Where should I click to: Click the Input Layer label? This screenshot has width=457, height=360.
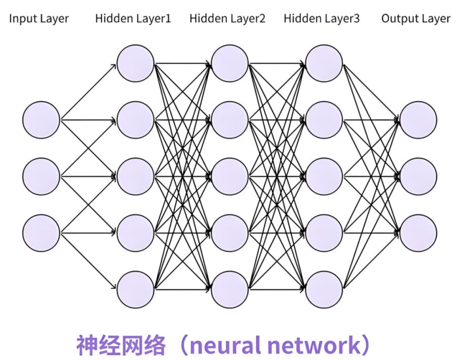[x=39, y=19]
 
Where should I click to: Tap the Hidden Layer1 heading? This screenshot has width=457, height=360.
[x=133, y=19]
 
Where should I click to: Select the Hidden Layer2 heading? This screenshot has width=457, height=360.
[x=227, y=19]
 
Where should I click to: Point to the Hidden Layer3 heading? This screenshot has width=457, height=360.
[x=322, y=19]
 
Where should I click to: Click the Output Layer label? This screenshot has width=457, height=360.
[x=416, y=19]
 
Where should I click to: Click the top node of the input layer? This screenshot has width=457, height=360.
[x=41, y=120]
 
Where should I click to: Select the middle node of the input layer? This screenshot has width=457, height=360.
[x=41, y=176]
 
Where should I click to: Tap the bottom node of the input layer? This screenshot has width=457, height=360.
[x=41, y=233]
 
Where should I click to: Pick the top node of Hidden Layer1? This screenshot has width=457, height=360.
[x=135, y=63]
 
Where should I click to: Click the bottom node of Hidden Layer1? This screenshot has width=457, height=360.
[x=135, y=289]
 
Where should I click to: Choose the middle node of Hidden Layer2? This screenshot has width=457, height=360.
[x=230, y=176]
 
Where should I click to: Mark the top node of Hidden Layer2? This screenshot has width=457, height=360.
[x=230, y=63]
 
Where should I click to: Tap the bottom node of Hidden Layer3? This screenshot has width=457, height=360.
[x=324, y=289]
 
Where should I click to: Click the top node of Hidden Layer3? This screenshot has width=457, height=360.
[x=324, y=63]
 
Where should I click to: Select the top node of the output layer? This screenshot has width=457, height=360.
[x=418, y=120]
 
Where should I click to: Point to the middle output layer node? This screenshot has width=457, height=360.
[x=418, y=176]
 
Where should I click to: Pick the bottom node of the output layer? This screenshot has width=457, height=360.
[x=418, y=233]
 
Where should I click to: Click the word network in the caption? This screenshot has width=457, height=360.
[x=314, y=345]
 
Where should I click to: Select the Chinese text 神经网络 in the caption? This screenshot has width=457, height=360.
[x=121, y=345]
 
